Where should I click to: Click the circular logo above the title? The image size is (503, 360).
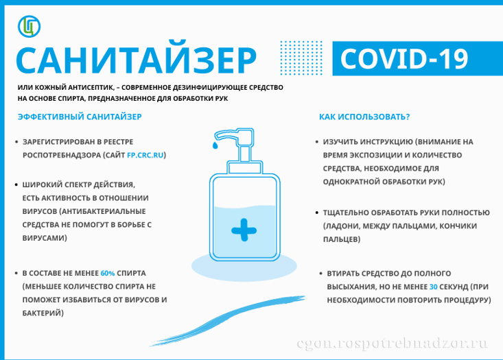coord(30,26)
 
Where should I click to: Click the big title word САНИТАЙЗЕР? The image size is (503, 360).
coord(137,59)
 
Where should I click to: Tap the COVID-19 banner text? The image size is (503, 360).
coord(404,59)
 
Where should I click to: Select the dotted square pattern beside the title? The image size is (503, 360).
coord(301,58)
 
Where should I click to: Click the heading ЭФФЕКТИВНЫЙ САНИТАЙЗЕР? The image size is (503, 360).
coord(80,117)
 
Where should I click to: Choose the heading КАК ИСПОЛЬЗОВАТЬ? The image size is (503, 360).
coord(364,117)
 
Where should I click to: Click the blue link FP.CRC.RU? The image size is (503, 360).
coord(145,155)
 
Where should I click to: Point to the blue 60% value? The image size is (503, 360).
coord(108,273)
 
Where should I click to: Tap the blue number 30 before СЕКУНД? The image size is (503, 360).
coord(434,287)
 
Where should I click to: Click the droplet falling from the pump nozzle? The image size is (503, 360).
coord(215,145)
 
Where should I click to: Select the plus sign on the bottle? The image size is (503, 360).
coord(244,230)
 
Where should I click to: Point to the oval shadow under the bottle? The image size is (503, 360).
coord(244,266)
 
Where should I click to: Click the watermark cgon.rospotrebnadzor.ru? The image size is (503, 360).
coord(393,344)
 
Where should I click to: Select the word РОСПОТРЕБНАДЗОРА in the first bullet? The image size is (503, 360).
coord(62,155)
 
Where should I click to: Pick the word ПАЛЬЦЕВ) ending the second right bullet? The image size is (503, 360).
coord(342,239)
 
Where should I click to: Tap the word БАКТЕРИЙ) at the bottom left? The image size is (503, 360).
coord(43,313)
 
